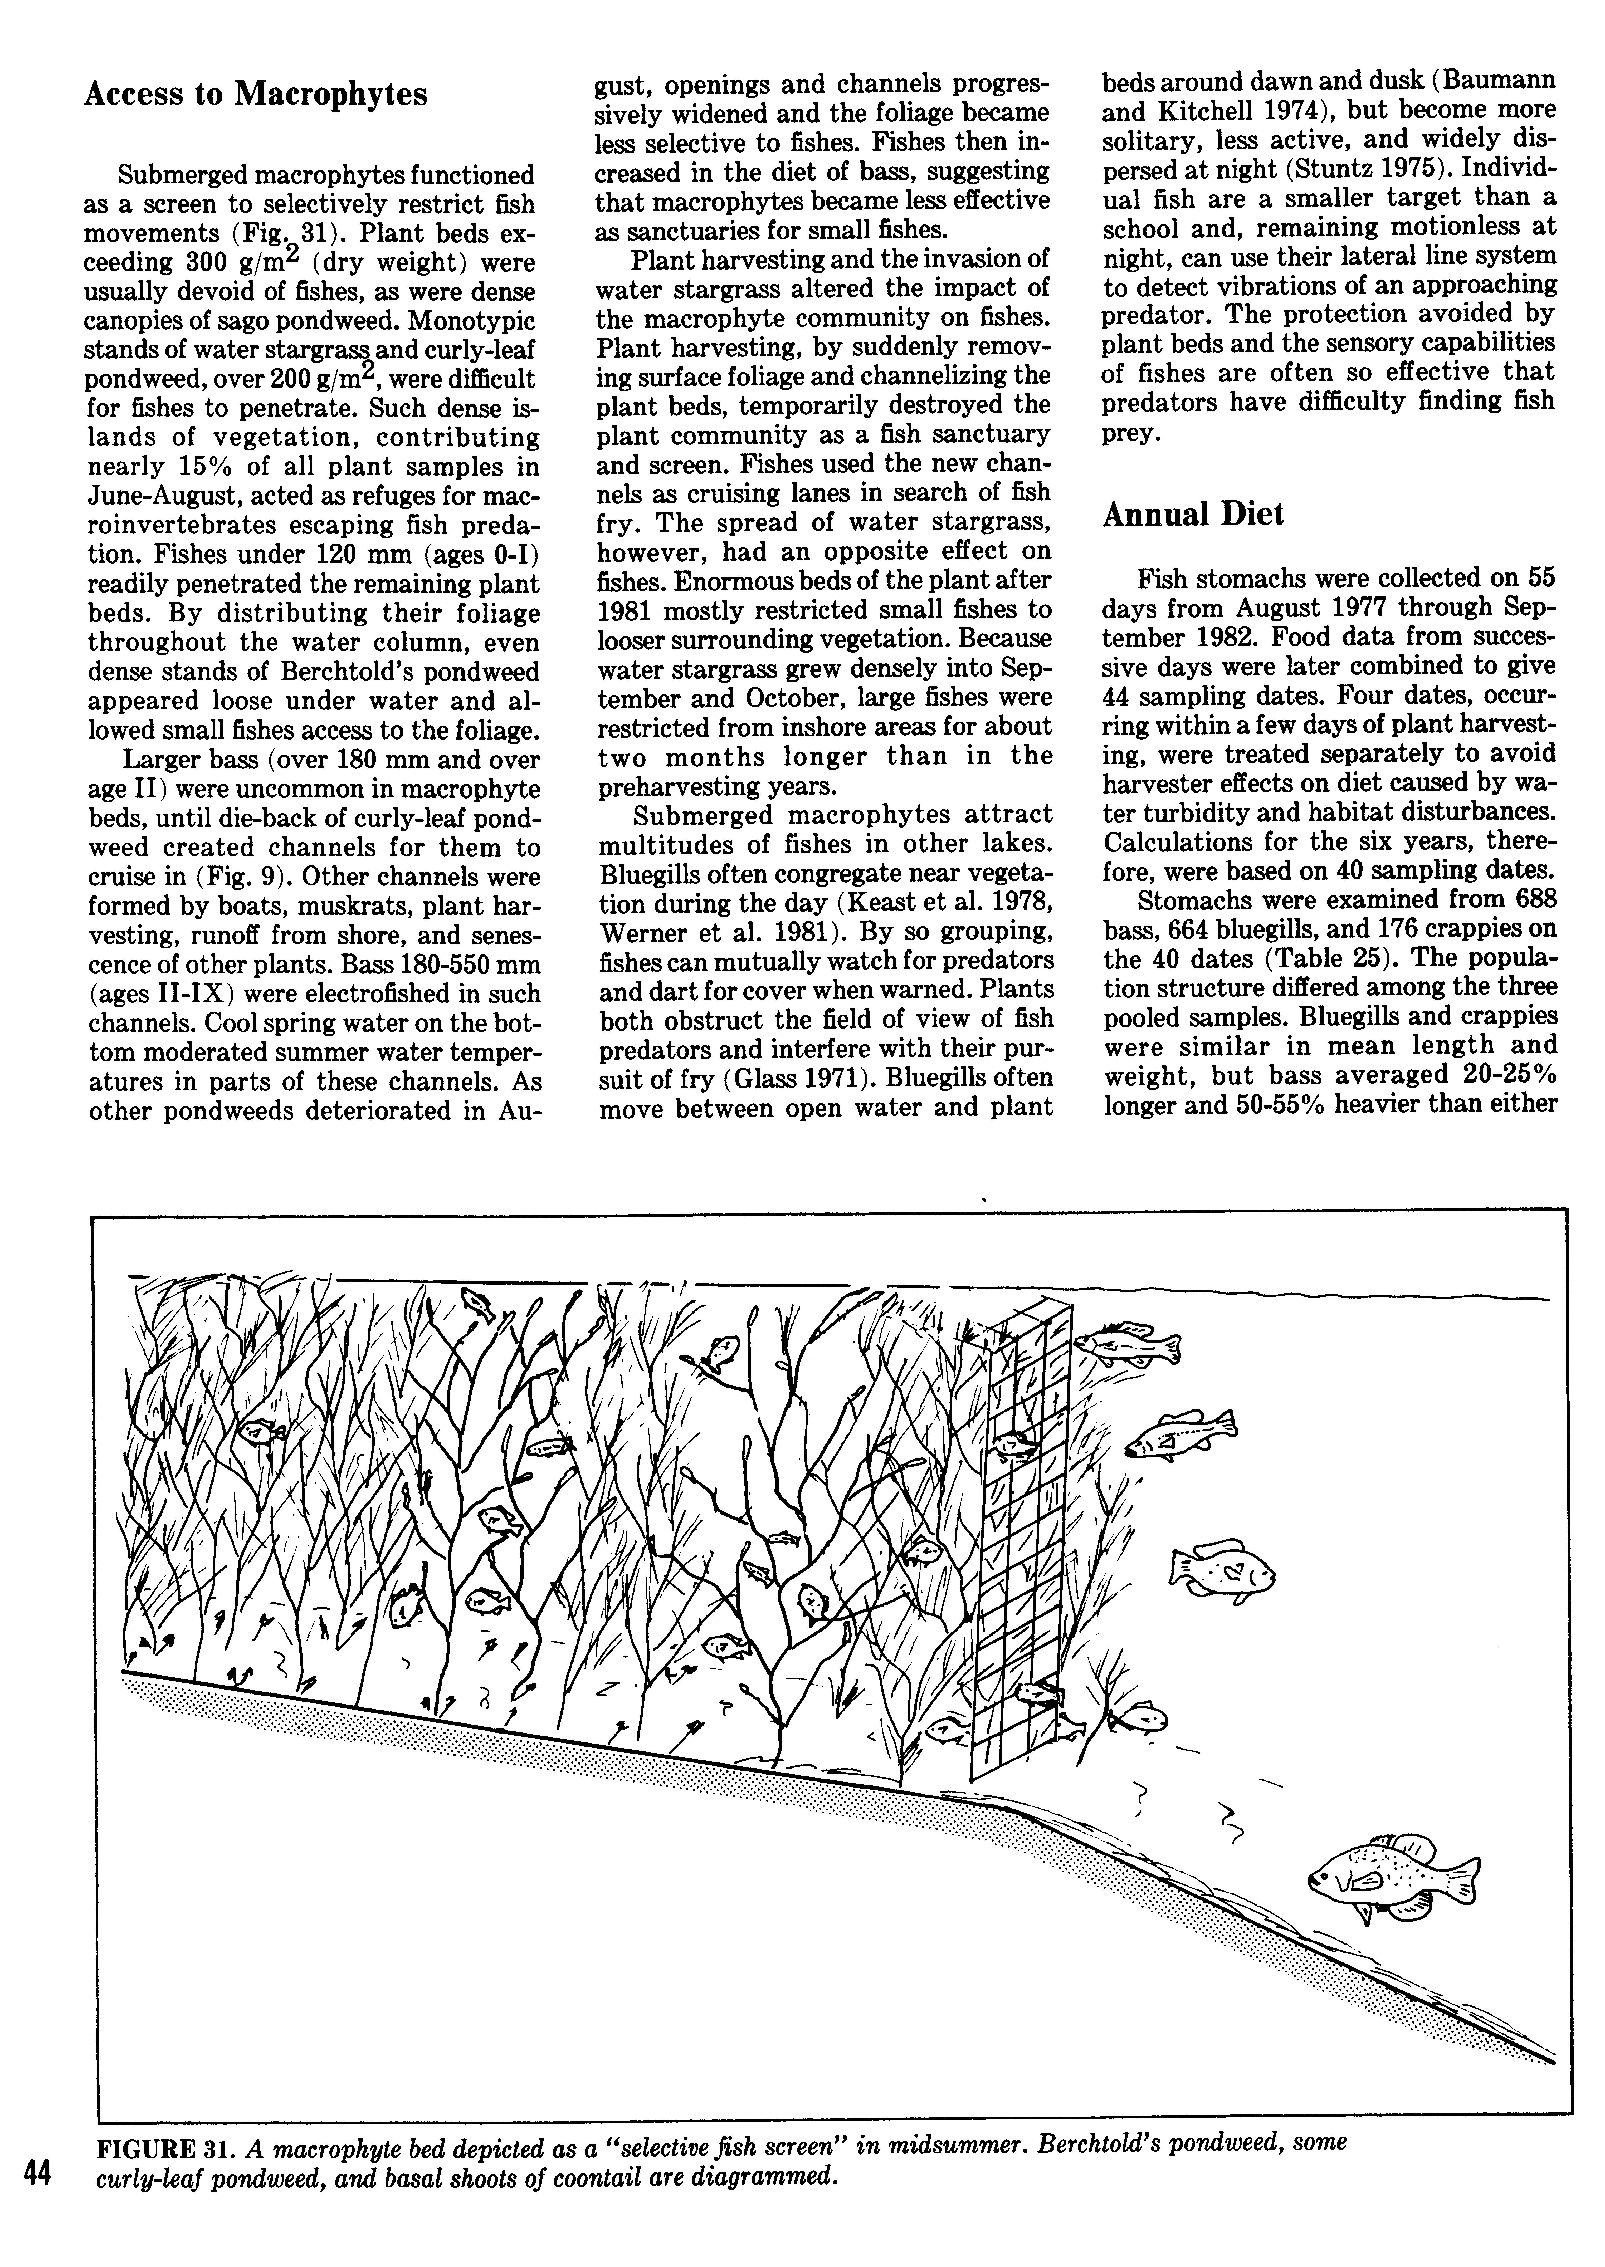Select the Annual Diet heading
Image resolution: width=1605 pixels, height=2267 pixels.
[1193, 514]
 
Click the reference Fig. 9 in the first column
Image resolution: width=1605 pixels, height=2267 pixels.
[230, 877]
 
